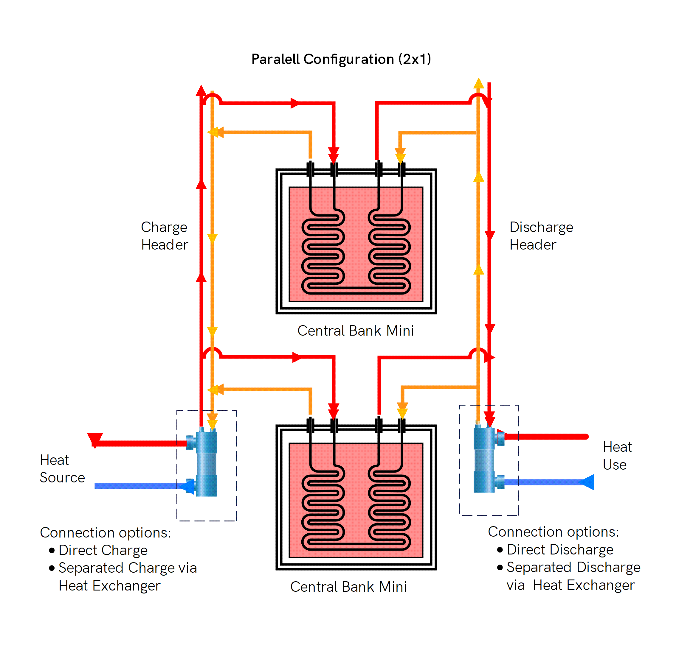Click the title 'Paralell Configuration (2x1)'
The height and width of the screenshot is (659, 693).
coord(341,59)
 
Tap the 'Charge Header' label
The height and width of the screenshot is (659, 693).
coord(164,236)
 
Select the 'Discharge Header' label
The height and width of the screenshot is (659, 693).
coord(541,236)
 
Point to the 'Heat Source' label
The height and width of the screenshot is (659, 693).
coord(62,469)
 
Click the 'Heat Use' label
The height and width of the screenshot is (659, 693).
coord(617,456)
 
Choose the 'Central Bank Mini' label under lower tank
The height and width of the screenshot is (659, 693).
coord(348,587)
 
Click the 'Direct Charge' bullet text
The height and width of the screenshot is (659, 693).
coord(103,550)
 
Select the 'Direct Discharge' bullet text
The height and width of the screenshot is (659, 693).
coord(560,549)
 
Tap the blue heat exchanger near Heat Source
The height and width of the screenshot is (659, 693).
coord(206,464)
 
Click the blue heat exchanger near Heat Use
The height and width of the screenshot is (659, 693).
coord(484,458)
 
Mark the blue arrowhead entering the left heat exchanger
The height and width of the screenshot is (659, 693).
coord(187,487)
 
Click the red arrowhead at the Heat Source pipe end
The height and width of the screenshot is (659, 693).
coord(94,440)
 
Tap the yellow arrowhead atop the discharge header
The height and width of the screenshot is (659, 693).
coord(478,83)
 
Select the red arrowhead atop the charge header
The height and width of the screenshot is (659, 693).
coord(201,90)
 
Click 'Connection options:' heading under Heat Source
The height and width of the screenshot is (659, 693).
coord(106,532)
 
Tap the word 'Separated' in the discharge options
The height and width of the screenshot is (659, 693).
coord(538,567)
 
